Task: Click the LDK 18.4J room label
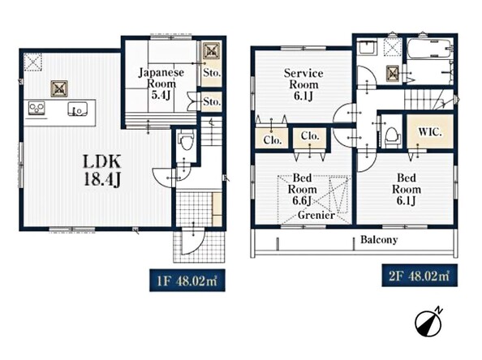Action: [x=102, y=170]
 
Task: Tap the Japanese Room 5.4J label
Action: [x=161, y=84]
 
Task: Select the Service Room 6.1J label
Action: [x=303, y=84]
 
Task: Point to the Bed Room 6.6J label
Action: [x=302, y=189]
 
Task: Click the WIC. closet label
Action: [x=430, y=132]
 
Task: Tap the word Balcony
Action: [x=379, y=239]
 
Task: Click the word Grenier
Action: [x=316, y=215]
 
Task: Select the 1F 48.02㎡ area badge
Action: [x=187, y=281]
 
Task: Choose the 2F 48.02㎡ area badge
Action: [x=420, y=276]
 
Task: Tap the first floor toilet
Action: [x=187, y=139]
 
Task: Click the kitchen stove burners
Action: [x=37, y=108]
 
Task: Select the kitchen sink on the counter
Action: [x=77, y=109]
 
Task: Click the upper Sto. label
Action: [x=212, y=73]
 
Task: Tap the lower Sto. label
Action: [x=212, y=101]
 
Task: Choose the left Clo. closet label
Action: [x=273, y=140]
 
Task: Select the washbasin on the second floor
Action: [x=367, y=47]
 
